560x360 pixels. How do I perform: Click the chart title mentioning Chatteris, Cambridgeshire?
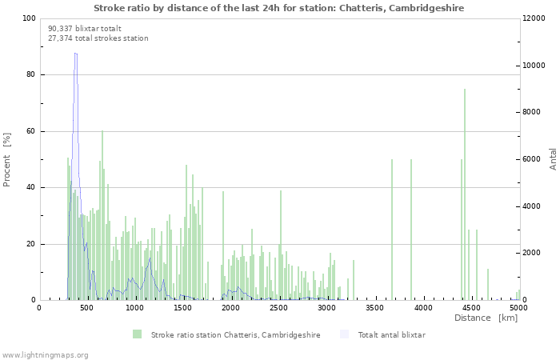pyautogui.click(x=279, y=8)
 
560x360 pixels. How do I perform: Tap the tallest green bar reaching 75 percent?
pyautogui.click(x=465, y=194)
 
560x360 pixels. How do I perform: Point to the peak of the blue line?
pyautogui.click(x=75, y=54)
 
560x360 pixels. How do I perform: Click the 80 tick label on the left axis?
pyautogui.click(x=30, y=74)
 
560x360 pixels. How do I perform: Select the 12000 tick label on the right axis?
pyautogui.click(x=534, y=18)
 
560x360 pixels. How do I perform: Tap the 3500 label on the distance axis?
pyautogui.click(x=374, y=308)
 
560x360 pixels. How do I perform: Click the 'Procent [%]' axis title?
pyautogui.click(x=6, y=160)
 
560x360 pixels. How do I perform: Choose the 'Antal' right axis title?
pyautogui.click(x=553, y=159)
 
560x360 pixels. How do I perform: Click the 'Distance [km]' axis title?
pyautogui.click(x=486, y=318)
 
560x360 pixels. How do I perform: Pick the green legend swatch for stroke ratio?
pyautogui.click(x=137, y=334)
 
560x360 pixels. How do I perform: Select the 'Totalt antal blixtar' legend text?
pyautogui.click(x=392, y=335)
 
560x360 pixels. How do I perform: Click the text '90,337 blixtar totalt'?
pyautogui.click(x=85, y=29)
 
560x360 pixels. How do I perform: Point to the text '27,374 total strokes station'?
pyautogui.click(x=98, y=38)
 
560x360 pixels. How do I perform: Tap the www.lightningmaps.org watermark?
pyautogui.click(x=44, y=355)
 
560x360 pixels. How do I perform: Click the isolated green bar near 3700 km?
pyautogui.click(x=392, y=230)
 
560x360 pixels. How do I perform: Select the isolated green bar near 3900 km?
pyautogui.click(x=411, y=230)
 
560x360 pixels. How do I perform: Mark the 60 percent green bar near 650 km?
pyautogui.click(x=102, y=215)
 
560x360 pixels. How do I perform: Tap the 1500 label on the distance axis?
pyautogui.click(x=182, y=308)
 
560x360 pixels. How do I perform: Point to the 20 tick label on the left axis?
pyautogui.click(x=30, y=244)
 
